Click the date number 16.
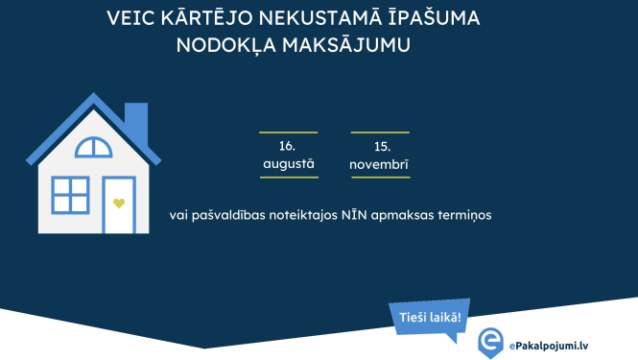click(x=287, y=146)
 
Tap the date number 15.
click(x=381, y=146)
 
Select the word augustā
click(x=288, y=164)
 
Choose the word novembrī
click(x=380, y=164)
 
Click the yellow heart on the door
click(x=119, y=204)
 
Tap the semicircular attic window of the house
click(x=94, y=148)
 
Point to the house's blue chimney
click(x=136, y=119)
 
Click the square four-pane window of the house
click(x=70, y=195)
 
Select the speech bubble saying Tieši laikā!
click(x=430, y=317)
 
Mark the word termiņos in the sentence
click(x=464, y=215)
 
